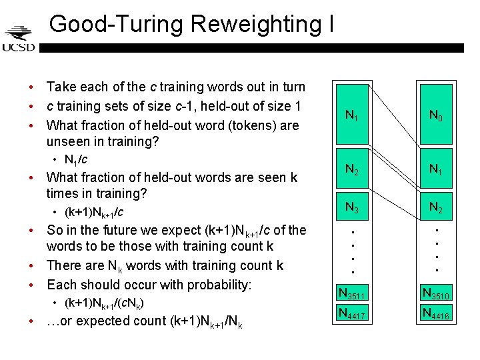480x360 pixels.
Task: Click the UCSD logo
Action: [x=18, y=39]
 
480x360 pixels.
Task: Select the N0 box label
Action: [x=435, y=116]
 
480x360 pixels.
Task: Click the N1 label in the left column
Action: [x=351, y=116]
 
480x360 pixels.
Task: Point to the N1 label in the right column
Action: [x=435, y=170]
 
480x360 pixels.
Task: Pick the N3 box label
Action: [x=351, y=207]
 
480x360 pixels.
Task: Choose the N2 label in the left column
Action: [x=351, y=170]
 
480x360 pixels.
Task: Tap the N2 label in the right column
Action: [x=435, y=207]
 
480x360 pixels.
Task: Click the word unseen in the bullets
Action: [x=67, y=141]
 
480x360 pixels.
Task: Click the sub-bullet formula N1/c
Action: [x=75, y=160]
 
